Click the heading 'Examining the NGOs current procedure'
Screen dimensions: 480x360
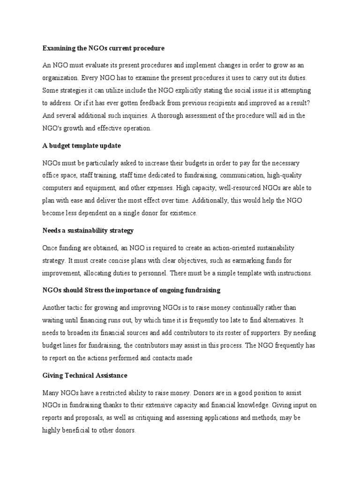[x=104, y=48]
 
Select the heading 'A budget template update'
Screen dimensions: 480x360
[x=82, y=146]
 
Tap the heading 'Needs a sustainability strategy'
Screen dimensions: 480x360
[x=88, y=230]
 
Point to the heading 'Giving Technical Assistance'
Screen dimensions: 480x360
[x=85, y=375]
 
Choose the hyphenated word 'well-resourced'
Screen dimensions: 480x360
[x=235, y=187]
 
